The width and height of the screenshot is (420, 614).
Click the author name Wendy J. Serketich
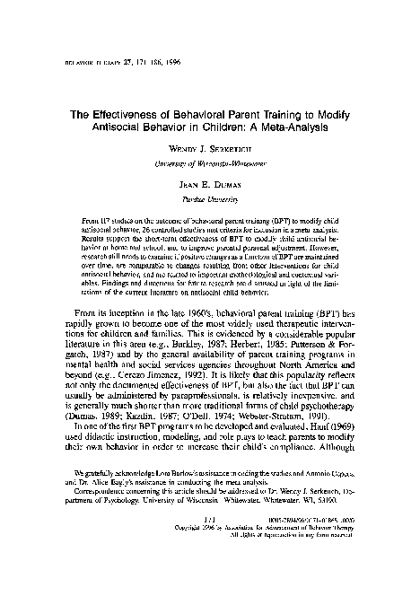[x=210, y=161]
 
